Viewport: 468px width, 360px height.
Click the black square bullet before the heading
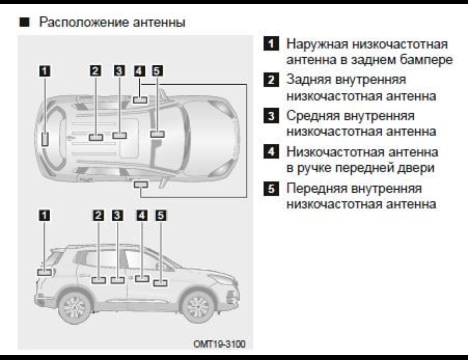pyautogui.click(x=24, y=22)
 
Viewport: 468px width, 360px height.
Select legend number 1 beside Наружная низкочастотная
pyautogui.click(x=271, y=44)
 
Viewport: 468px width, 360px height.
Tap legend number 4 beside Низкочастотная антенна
pyautogui.click(x=271, y=152)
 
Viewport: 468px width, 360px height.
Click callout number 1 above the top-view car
pyautogui.click(x=45, y=71)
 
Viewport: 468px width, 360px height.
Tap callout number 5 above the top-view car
pyautogui.click(x=157, y=71)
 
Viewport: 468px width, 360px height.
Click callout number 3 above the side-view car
pyautogui.click(x=118, y=215)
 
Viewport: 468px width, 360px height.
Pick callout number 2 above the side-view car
pyautogui.click(x=98, y=215)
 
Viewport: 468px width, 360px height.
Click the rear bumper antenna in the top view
pyautogui.click(x=45, y=139)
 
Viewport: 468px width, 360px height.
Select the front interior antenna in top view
pyautogui.click(x=158, y=134)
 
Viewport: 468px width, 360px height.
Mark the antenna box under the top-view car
pyautogui.click(x=141, y=184)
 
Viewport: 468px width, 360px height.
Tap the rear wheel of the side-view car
pyautogui.click(x=74, y=306)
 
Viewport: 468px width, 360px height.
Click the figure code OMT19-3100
pyautogui.click(x=219, y=344)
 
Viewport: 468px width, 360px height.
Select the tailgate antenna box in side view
pyautogui.click(x=45, y=272)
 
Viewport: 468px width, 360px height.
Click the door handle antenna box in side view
pyautogui.click(x=142, y=278)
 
